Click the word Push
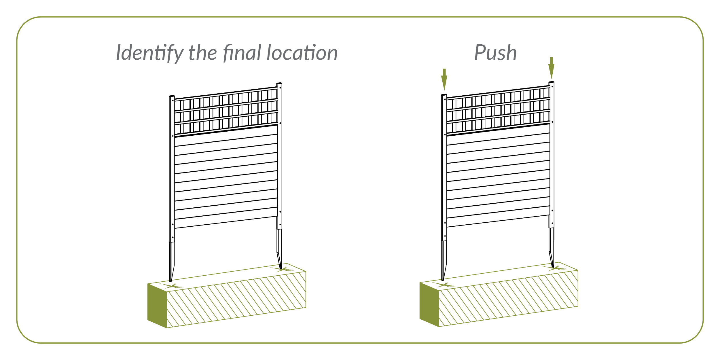[x=495, y=53]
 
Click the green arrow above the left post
[x=444, y=79]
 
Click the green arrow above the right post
[x=551, y=68]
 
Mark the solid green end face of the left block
[x=157, y=305]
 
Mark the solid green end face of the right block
[x=429, y=304]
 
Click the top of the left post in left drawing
[x=172, y=97]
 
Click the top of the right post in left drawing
[x=279, y=84]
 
